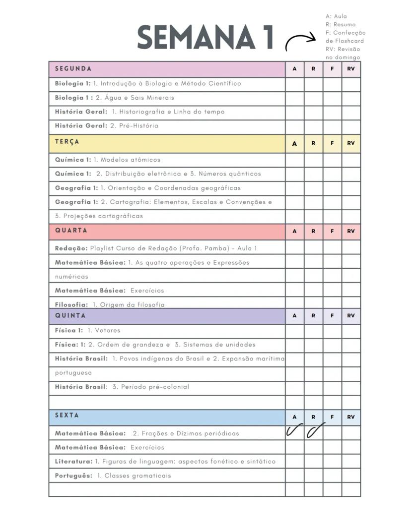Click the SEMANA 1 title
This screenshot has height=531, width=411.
click(205, 38)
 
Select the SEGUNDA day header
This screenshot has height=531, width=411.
click(73, 69)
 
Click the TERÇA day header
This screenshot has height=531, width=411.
click(67, 142)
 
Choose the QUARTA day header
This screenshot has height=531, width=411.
click(71, 231)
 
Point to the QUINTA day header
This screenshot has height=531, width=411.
click(70, 315)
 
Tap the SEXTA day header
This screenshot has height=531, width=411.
click(67, 415)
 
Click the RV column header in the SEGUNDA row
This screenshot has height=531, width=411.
click(351, 69)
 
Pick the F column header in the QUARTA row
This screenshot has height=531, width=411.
click(332, 231)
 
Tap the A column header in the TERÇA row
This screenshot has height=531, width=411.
click(294, 143)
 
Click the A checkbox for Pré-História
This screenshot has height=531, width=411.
click(294, 126)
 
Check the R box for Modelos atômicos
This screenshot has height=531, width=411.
click(313, 160)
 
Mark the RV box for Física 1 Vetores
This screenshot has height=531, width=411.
click(351, 331)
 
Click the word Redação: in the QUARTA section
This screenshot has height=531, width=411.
click(71, 248)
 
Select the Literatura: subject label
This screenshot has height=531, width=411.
click(73, 462)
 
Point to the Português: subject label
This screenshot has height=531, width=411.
click(73, 476)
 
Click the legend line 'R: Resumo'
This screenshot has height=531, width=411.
click(341, 24)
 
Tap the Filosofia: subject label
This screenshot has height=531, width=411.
click(71, 304)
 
